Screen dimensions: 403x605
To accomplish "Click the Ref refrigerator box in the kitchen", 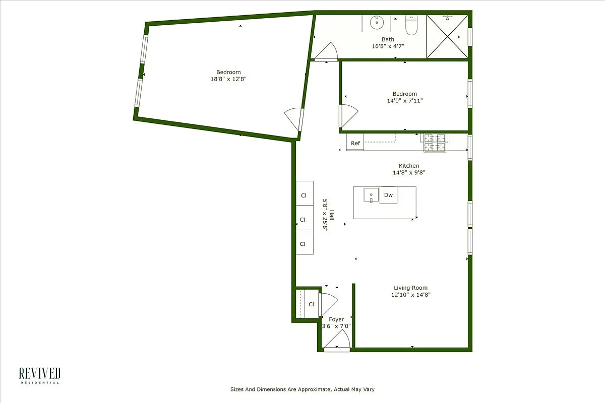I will tap(355, 143).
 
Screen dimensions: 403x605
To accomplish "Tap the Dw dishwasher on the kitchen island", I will tap(388, 195).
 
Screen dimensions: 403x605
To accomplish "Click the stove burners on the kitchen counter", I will tap(435, 143).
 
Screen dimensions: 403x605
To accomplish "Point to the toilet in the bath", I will tap(411, 26).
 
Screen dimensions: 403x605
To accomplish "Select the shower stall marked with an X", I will tap(447, 37).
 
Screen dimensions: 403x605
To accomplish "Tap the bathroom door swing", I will tap(327, 52).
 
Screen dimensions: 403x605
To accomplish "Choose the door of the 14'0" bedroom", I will tap(348, 116).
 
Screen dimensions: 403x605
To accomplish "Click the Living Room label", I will tap(410, 288).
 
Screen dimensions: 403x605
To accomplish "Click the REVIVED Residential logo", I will tap(40, 375).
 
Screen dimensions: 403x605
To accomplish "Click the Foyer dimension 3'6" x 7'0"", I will tap(336, 326).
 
